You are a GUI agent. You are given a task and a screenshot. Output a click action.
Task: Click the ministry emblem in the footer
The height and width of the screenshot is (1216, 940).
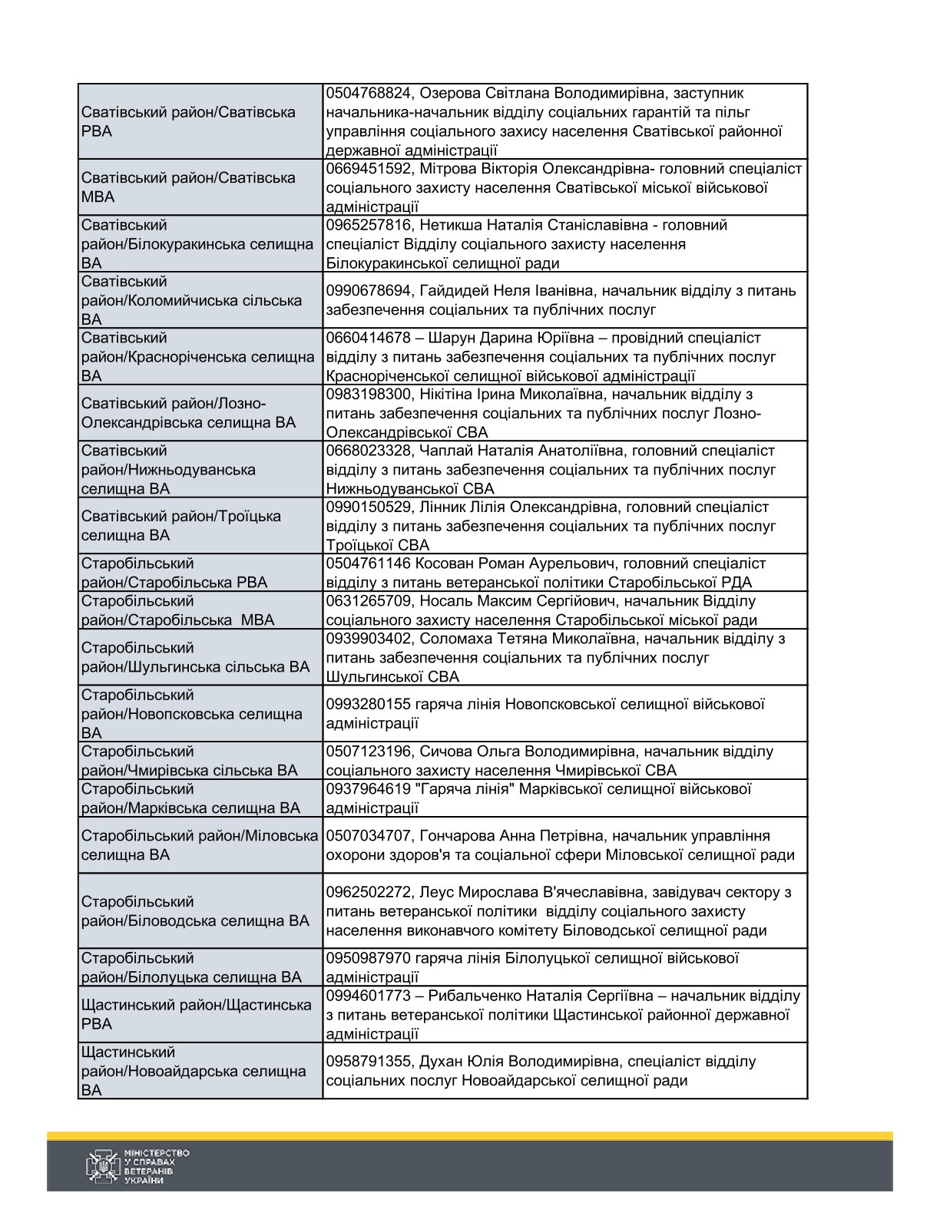(101, 1165)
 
